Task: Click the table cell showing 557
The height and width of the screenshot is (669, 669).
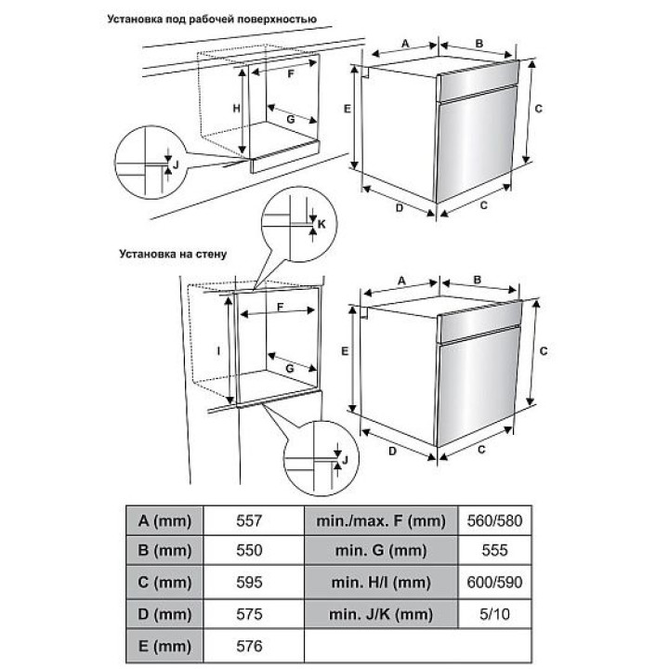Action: click(249, 520)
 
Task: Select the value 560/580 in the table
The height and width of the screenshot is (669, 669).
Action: click(494, 520)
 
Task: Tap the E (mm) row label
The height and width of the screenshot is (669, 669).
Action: click(164, 646)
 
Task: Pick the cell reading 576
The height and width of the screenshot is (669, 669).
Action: click(249, 646)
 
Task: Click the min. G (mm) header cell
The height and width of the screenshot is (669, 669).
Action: click(381, 550)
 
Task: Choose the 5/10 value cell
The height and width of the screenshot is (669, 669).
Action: click(494, 614)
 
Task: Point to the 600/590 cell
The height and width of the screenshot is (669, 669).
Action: click(494, 583)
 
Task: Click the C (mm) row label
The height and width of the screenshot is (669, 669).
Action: click(164, 583)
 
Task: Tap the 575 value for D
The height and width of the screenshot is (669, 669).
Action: click(249, 614)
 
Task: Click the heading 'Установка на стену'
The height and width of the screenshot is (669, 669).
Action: click(173, 255)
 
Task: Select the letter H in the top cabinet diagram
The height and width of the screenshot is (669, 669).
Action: click(236, 109)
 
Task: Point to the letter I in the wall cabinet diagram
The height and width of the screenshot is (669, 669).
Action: click(219, 351)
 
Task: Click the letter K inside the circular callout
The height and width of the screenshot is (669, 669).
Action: click(321, 224)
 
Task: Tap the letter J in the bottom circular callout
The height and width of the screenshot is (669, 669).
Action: click(345, 460)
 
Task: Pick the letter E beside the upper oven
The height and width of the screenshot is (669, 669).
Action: click(348, 110)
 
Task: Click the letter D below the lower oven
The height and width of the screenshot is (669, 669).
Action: click(392, 451)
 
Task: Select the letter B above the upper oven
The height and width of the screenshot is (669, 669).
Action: click(479, 44)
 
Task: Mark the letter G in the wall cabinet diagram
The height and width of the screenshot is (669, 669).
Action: click(290, 368)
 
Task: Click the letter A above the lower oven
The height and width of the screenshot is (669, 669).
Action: click(401, 281)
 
